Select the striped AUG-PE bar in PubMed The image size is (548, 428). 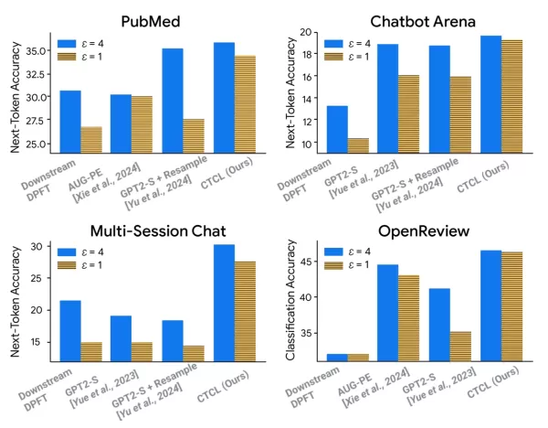point(142,123)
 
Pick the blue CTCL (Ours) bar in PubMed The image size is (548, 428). point(223,97)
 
